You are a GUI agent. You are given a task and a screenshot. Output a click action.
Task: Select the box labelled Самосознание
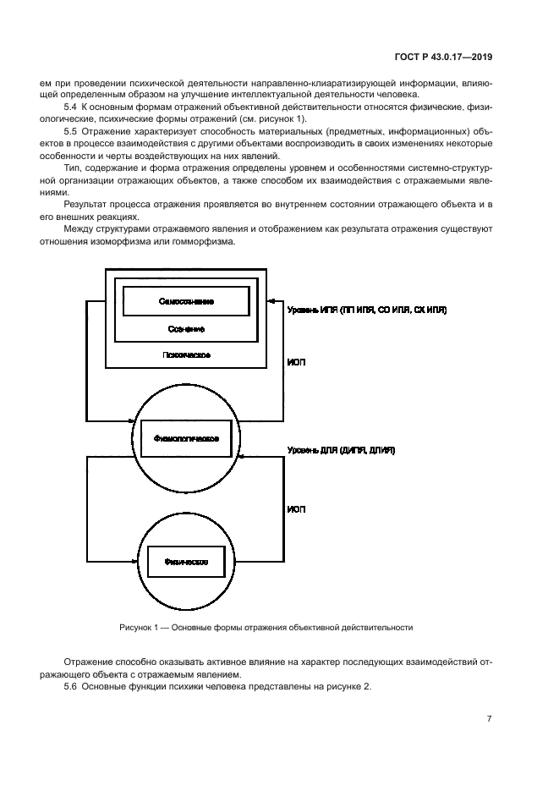[186, 301]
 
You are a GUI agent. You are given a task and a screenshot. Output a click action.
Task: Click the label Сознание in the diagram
[186, 328]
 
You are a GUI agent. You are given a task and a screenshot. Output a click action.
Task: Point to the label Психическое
[186, 355]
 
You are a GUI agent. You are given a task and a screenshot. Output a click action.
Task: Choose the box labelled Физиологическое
[186, 438]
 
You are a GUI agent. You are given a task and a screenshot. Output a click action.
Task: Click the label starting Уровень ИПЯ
[367, 310]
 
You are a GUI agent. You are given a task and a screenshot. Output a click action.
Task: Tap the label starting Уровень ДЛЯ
[341, 451]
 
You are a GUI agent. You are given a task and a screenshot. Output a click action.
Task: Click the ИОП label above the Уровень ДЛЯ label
[296, 362]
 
